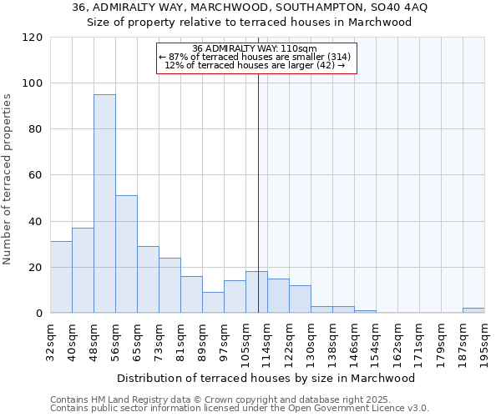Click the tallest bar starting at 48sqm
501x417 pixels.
point(104,203)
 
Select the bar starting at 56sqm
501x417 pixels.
point(126,254)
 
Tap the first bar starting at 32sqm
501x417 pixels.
point(61,277)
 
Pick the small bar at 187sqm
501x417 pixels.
point(473,310)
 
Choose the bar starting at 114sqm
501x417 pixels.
point(278,296)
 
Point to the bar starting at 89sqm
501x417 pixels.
point(213,303)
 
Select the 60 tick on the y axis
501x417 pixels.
point(35,175)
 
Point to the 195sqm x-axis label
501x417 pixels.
point(485,340)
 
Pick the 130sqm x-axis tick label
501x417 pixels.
point(311,340)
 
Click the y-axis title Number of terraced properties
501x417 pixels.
point(8,178)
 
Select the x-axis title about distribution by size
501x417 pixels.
point(266,378)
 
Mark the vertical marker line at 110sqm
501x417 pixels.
point(258,192)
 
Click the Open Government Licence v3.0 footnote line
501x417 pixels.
point(240,409)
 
